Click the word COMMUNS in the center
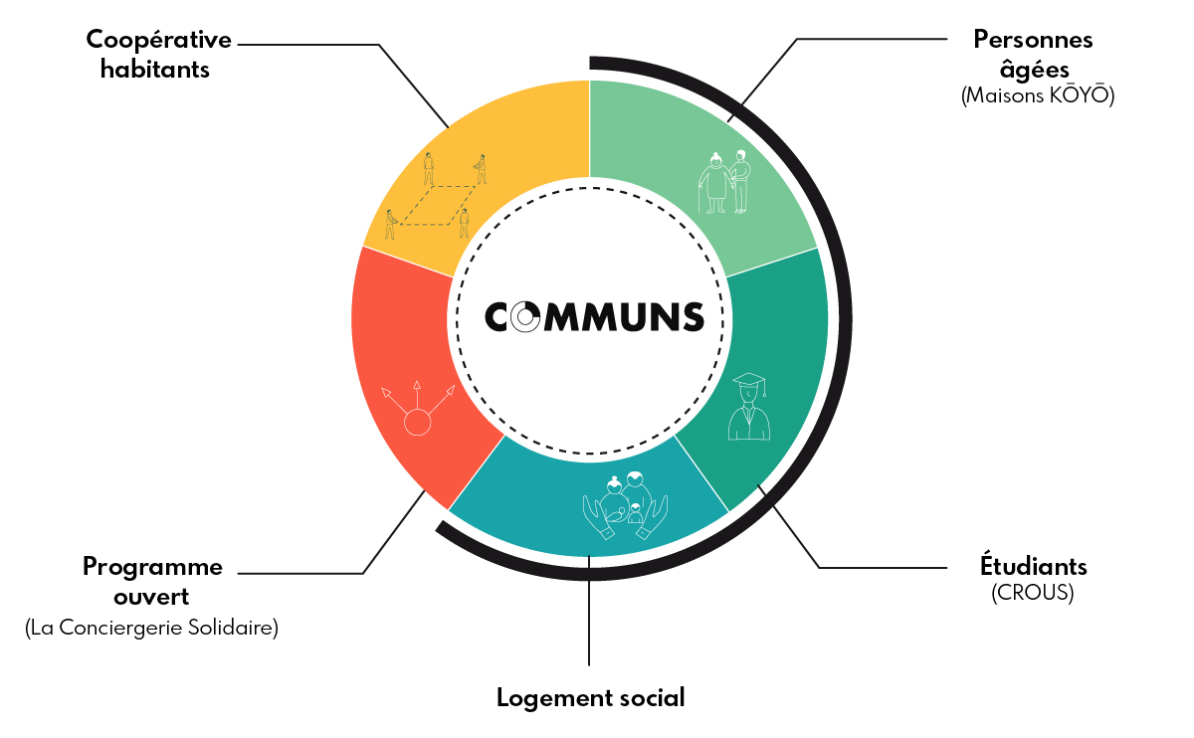(x=595, y=316)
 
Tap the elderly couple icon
(x=725, y=181)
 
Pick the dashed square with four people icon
(x=436, y=197)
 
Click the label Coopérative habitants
(x=158, y=55)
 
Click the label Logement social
(x=591, y=698)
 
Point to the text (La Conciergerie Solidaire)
(x=151, y=629)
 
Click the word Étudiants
(x=1033, y=567)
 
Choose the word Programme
(x=152, y=567)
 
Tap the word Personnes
(x=1033, y=40)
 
